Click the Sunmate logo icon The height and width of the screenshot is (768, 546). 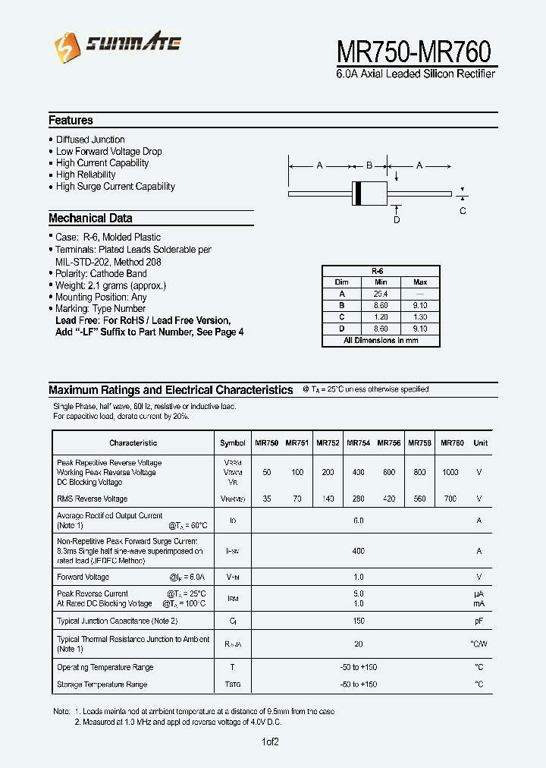coord(63,48)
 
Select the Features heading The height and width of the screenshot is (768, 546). coord(71,121)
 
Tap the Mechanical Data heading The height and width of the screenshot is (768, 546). coord(90,219)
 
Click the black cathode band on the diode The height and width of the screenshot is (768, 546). coord(357,194)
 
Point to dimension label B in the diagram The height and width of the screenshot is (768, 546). coord(369,165)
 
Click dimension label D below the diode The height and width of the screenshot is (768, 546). coord(396,219)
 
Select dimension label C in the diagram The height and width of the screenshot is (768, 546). coord(463,211)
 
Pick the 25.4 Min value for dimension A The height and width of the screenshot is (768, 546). coord(381,294)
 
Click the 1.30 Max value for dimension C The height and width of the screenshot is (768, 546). coord(420,317)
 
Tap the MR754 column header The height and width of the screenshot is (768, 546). coord(358,443)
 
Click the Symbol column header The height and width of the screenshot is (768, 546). coord(233,443)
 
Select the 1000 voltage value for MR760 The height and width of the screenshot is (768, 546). coord(450,472)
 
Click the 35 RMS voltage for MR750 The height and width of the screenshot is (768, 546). coord(266,499)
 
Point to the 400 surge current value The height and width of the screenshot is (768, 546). coord(359,551)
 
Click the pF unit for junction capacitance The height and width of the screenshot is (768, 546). coord(479,621)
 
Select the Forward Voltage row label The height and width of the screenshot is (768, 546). coord(83,577)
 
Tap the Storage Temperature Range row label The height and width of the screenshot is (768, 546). coord(102,685)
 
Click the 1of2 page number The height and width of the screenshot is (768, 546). coord(271,741)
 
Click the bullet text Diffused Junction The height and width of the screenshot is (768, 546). coord(90,140)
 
